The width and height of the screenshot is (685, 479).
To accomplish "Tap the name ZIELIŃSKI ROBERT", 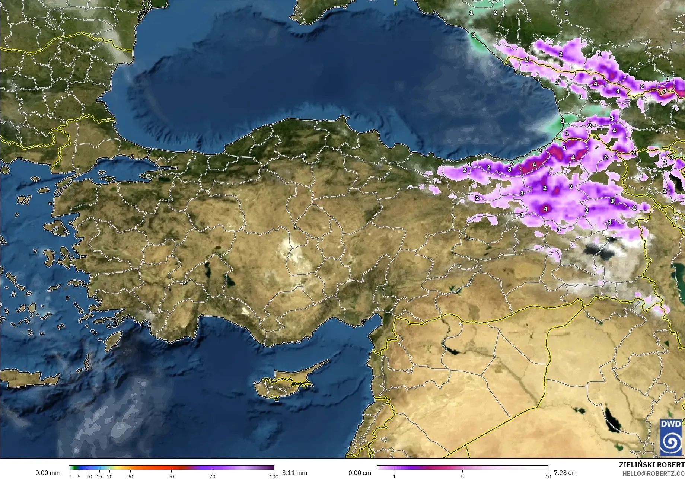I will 651,465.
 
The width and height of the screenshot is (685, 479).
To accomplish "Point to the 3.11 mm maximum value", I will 294,473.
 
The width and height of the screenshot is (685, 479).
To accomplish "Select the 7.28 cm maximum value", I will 565,473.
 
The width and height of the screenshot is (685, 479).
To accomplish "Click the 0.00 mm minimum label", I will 48,473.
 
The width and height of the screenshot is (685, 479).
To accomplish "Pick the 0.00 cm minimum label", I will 360,473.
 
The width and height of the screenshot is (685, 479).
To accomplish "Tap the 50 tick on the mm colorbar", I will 171,476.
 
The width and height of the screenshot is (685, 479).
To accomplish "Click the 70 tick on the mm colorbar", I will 212,476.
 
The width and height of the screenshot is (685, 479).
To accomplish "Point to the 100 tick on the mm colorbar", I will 274,476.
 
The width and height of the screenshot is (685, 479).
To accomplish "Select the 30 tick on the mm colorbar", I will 130,476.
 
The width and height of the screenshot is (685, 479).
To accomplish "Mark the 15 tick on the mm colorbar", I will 99,476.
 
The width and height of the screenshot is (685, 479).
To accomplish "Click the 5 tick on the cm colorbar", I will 462,476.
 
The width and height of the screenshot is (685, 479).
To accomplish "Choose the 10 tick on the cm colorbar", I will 548,476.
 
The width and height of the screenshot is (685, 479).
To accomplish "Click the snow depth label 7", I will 665,91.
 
